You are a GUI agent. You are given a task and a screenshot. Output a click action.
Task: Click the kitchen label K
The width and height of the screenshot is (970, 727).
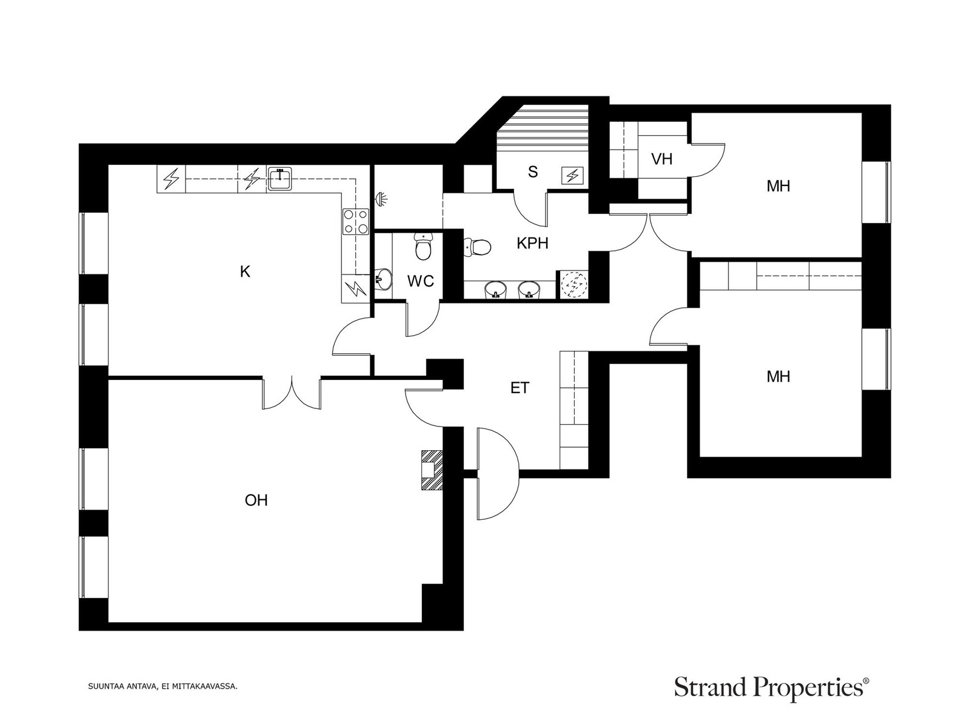coord(245,271)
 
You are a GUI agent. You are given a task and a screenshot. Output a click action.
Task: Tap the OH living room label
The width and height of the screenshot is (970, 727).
coord(256,500)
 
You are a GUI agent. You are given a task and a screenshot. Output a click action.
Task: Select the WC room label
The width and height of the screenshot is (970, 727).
coord(420,281)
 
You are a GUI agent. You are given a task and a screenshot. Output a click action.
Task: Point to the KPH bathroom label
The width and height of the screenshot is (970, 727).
coord(532,243)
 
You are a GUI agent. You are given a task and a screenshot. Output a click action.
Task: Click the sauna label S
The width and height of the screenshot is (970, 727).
coord(533,171)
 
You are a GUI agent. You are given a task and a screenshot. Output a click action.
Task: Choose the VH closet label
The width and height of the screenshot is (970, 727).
coord(661,159)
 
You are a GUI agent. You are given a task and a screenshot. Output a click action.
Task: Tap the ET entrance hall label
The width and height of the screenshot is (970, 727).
coord(520,388)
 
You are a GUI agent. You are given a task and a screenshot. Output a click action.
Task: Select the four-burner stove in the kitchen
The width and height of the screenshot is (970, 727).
coord(355,221)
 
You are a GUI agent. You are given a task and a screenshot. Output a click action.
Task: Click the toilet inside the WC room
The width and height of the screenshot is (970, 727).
coord(423,247)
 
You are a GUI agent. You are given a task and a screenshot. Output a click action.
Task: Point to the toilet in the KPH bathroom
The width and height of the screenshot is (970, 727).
coord(477,247)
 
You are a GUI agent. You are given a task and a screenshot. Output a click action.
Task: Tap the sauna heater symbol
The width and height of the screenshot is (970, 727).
coord(572,176)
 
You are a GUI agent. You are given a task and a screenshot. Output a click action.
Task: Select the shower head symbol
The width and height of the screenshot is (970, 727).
coord(381,199)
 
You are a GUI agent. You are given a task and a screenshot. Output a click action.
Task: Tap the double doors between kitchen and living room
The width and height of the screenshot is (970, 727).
coord(292,393)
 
